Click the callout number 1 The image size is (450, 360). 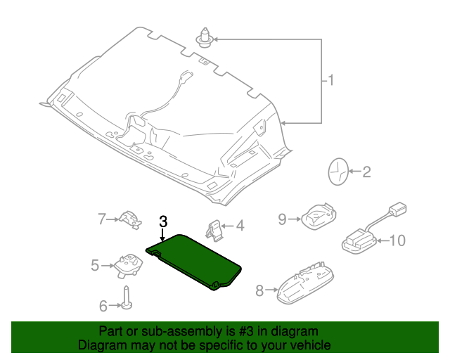tap(330, 81)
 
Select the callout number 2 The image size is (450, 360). tap(366, 172)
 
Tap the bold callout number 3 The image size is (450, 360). tap(162, 221)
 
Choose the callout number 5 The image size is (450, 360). tap(95, 265)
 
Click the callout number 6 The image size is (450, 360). tap(103, 306)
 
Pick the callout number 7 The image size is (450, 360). tap(101, 219)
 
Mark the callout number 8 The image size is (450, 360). tap(259, 290)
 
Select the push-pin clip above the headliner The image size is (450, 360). tap(205, 36)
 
